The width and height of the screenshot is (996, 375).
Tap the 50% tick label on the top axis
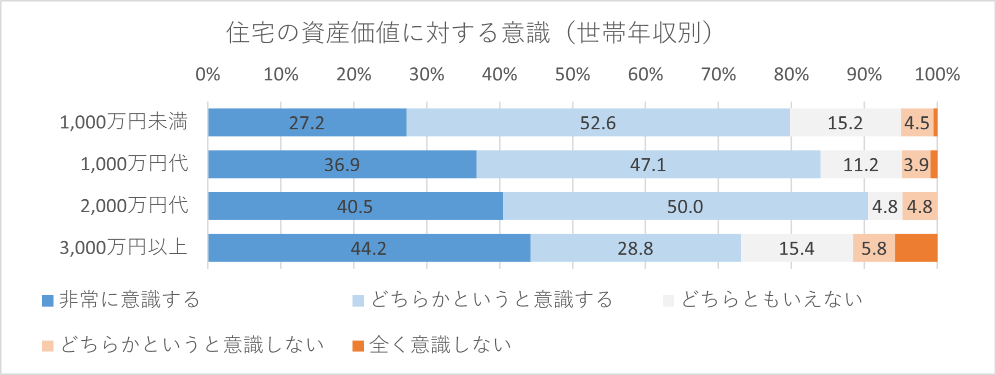tap(572, 75)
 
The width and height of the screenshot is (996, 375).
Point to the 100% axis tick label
tap(936, 75)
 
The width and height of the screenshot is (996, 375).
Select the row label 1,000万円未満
tap(123, 122)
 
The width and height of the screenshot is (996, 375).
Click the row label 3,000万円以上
tap(123, 248)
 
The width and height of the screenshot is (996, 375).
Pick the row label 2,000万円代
tap(134, 206)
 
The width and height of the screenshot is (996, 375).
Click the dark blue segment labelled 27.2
tap(307, 122)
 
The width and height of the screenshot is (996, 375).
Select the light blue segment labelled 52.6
tap(598, 122)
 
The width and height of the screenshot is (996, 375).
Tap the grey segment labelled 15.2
tap(845, 122)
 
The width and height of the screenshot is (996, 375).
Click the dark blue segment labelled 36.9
tap(342, 164)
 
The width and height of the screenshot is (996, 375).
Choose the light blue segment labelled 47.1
tap(648, 164)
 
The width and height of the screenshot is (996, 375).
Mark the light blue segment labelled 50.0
tap(685, 206)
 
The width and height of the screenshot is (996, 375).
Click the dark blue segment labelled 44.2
tap(369, 248)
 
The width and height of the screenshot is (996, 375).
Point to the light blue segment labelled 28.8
tap(635, 248)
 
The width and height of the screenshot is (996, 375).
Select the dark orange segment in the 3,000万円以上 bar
tap(916, 248)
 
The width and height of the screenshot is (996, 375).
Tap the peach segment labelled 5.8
tap(874, 248)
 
